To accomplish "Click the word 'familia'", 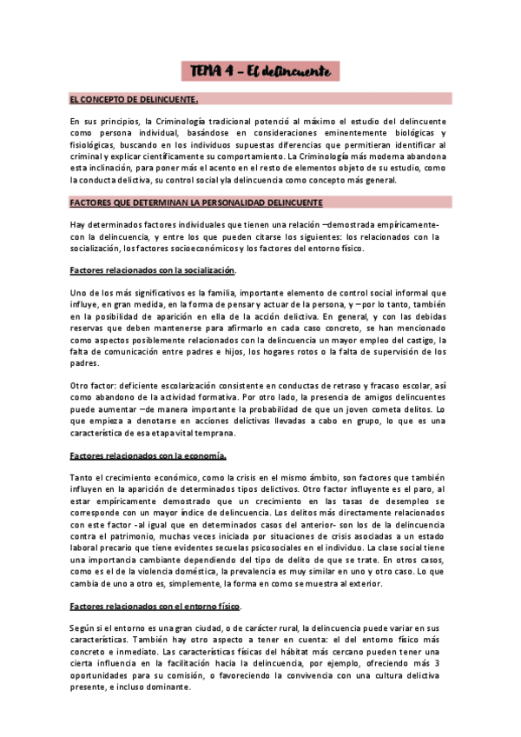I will [198, 293].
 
